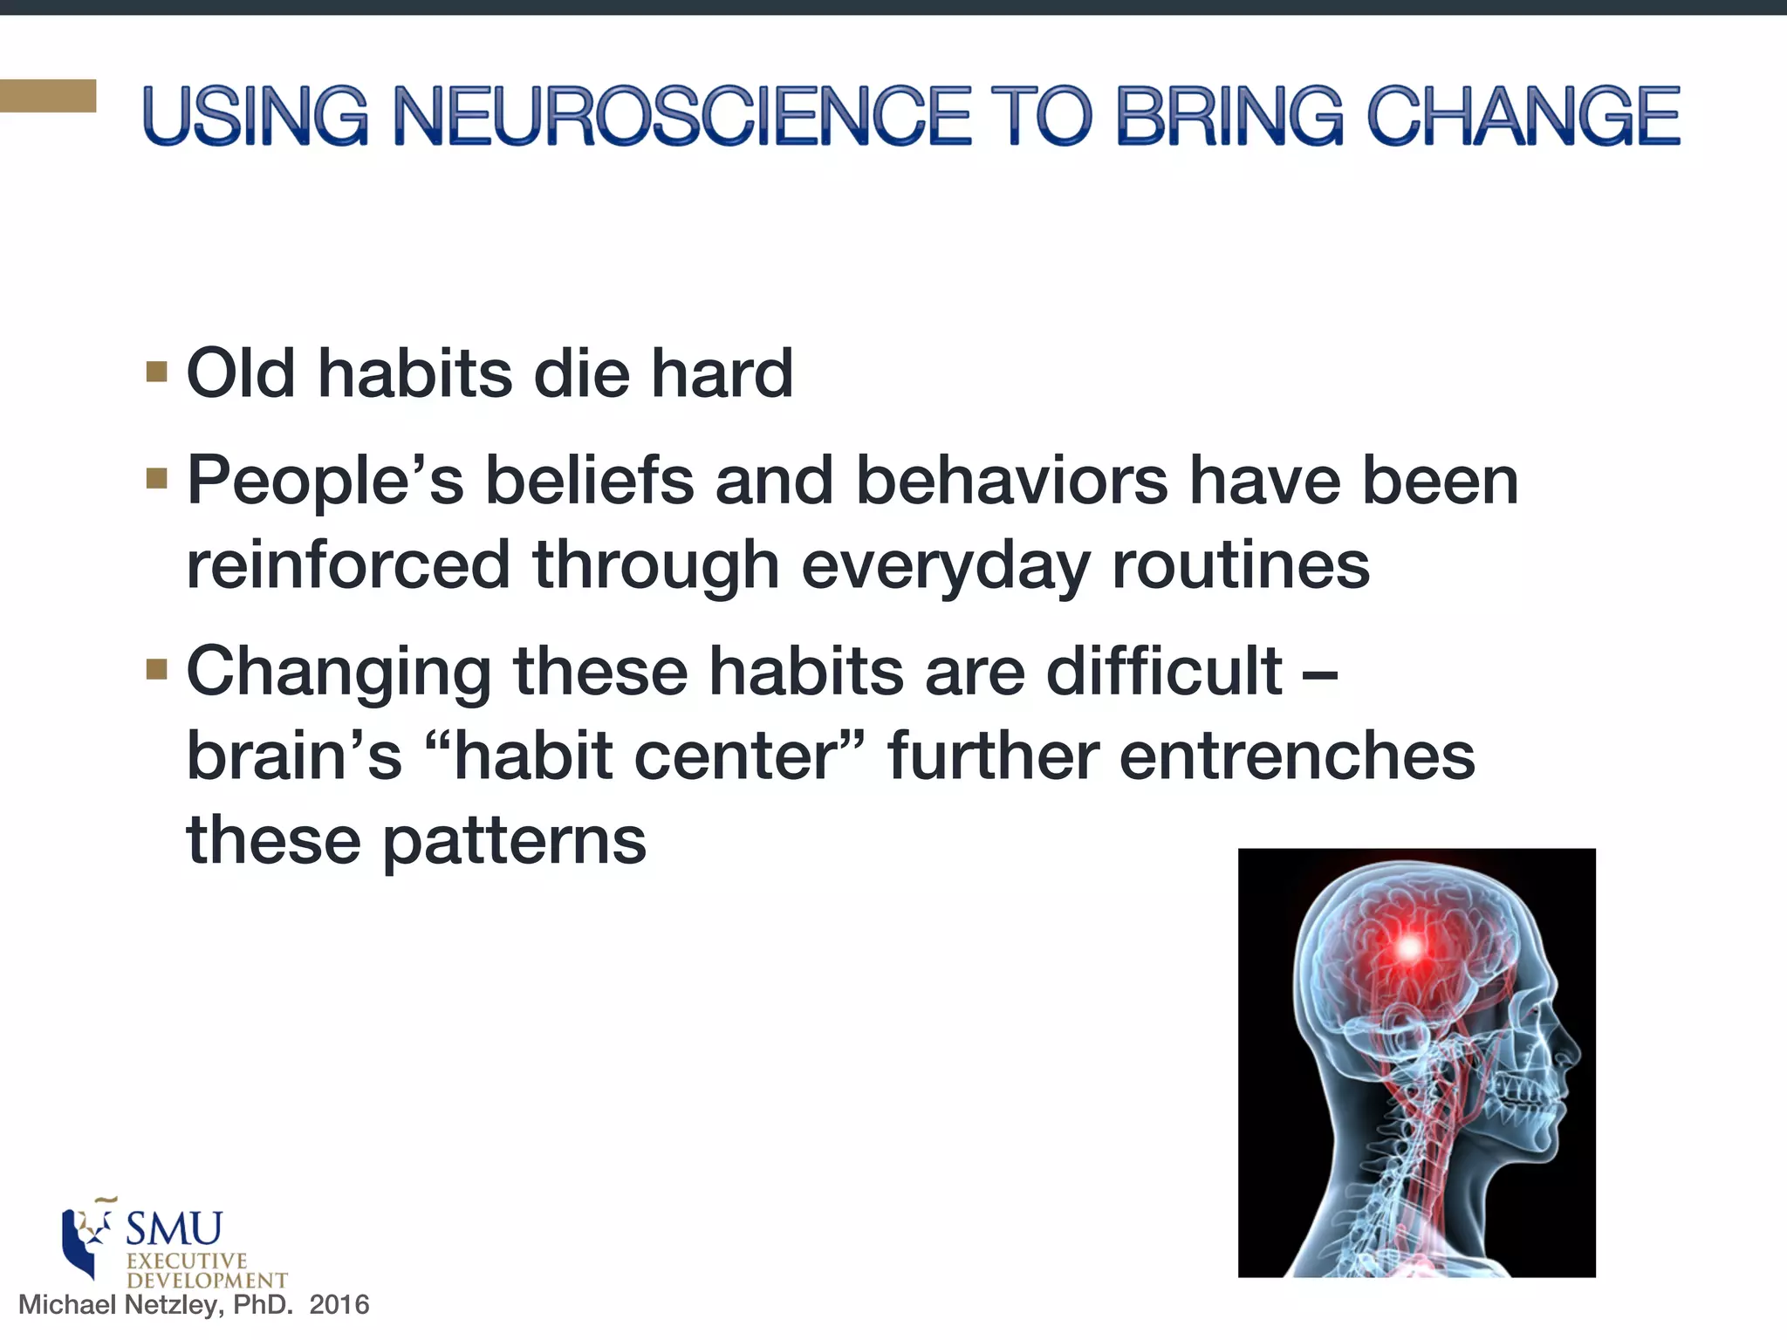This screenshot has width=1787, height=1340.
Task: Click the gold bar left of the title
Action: tap(48, 96)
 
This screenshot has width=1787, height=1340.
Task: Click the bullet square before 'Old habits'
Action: tap(157, 373)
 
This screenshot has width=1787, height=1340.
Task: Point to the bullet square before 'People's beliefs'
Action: tap(157, 479)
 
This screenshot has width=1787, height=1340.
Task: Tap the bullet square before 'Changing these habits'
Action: tap(157, 669)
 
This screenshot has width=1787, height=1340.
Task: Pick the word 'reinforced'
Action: tap(348, 565)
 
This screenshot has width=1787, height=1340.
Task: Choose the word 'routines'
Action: tap(1240, 565)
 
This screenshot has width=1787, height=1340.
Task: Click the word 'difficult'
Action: tap(1164, 671)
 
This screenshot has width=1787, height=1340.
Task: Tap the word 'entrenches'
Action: tap(1297, 755)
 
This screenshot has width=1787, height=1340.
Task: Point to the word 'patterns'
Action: tap(514, 841)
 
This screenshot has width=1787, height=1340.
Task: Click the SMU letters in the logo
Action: tap(174, 1229)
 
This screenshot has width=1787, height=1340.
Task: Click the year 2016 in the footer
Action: tap(339, 1304)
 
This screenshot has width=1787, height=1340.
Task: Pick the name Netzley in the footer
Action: tap(175, 1304)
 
